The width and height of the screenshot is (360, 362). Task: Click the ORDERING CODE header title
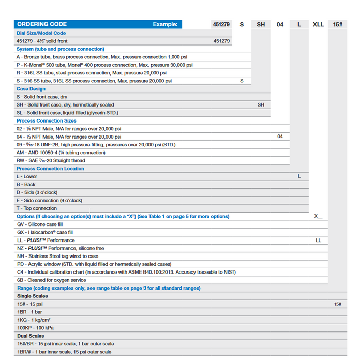[42, 24]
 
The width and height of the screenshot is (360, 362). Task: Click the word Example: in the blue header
[165, 24]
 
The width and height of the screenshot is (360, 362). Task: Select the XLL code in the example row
[318, 24]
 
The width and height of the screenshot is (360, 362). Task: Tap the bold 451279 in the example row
[221, 24]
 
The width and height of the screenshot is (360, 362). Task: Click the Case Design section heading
[31, 89]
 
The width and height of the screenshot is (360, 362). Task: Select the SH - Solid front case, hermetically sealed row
[65, 104]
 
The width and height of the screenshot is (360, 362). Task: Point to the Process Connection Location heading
[50, 169]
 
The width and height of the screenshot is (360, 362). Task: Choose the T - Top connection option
[37, 208]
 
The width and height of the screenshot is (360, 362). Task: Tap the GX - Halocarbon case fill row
[45, 232]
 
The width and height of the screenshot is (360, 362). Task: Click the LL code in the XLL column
[319, 240]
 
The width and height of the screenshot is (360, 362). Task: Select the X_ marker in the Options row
[318, 216]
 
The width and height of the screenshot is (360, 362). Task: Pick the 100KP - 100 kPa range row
[35, 328]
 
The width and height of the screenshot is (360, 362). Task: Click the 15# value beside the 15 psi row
[337, 304]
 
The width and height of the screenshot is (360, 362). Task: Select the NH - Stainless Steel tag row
[57, 256]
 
